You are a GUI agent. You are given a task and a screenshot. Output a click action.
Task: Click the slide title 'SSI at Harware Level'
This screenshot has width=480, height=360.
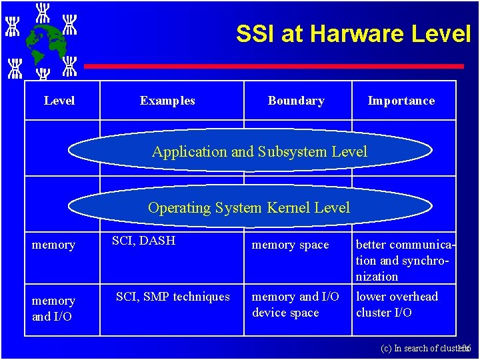(353, 34)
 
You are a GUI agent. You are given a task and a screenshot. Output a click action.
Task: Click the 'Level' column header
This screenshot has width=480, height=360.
(59, 101)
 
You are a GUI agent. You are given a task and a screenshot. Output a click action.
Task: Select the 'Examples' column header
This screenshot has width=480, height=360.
(167, 101)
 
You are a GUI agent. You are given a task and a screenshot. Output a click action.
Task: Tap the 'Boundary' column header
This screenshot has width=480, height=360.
(296, 101)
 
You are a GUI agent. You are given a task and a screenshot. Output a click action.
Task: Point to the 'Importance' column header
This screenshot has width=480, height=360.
(401, 101)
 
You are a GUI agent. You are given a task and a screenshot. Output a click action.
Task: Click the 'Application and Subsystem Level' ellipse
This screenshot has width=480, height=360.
(259, 151)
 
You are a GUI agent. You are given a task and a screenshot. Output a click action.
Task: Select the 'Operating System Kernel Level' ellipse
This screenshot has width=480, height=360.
(249, 207)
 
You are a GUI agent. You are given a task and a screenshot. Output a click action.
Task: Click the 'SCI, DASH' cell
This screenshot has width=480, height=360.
(143, 241)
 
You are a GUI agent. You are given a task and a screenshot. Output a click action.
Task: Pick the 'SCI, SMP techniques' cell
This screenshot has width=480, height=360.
(173, 297)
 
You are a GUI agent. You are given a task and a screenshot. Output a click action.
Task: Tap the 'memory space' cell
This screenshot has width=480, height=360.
(290, 245)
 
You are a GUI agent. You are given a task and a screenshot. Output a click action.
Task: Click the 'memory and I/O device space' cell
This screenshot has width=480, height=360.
(295, 305)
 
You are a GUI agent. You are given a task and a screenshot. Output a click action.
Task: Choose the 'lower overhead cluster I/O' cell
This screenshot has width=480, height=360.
(397, 305)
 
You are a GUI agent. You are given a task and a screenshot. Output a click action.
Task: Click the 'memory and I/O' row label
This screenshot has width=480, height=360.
(53, 308)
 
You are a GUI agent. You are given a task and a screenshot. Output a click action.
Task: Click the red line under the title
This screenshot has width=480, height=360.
(273, 66)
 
